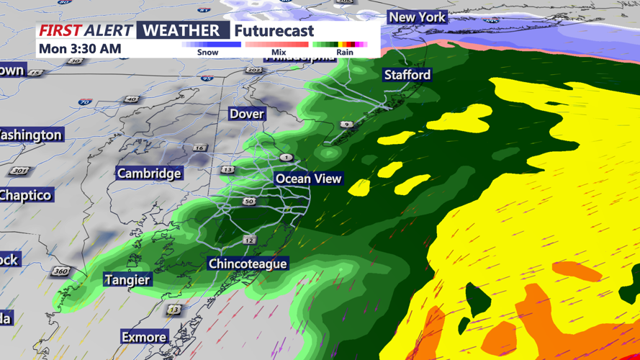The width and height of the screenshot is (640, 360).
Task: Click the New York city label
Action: coord(417,17)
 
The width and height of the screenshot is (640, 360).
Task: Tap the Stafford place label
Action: coord(407,75)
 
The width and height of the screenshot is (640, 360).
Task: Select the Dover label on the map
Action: coord(246,114)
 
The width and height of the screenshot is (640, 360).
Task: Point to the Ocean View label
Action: coord(308,179)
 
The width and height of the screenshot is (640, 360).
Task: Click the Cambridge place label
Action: coord(149,174)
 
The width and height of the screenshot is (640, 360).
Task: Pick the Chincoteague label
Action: coord(248,264)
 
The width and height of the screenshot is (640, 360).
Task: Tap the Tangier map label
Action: coord(127,280)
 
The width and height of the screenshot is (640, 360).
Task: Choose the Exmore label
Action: coord(144,337)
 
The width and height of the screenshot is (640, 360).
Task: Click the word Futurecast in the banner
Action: coord(274,31)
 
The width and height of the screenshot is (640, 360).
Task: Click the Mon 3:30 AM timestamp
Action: coord(80,49)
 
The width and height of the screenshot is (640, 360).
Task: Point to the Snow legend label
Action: coord(207,53)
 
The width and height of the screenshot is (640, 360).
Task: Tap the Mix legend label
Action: coord(279,53)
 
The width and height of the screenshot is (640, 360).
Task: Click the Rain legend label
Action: coord(344,53)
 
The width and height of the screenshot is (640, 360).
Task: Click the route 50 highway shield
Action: coord(249,202)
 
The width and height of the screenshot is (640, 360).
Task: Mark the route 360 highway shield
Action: coord(60,272)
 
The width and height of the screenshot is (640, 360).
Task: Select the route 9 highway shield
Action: coord(347,125)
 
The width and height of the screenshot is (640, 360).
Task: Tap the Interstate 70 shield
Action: coord(84,102)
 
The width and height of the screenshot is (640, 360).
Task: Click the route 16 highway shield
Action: coord(199,148)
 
